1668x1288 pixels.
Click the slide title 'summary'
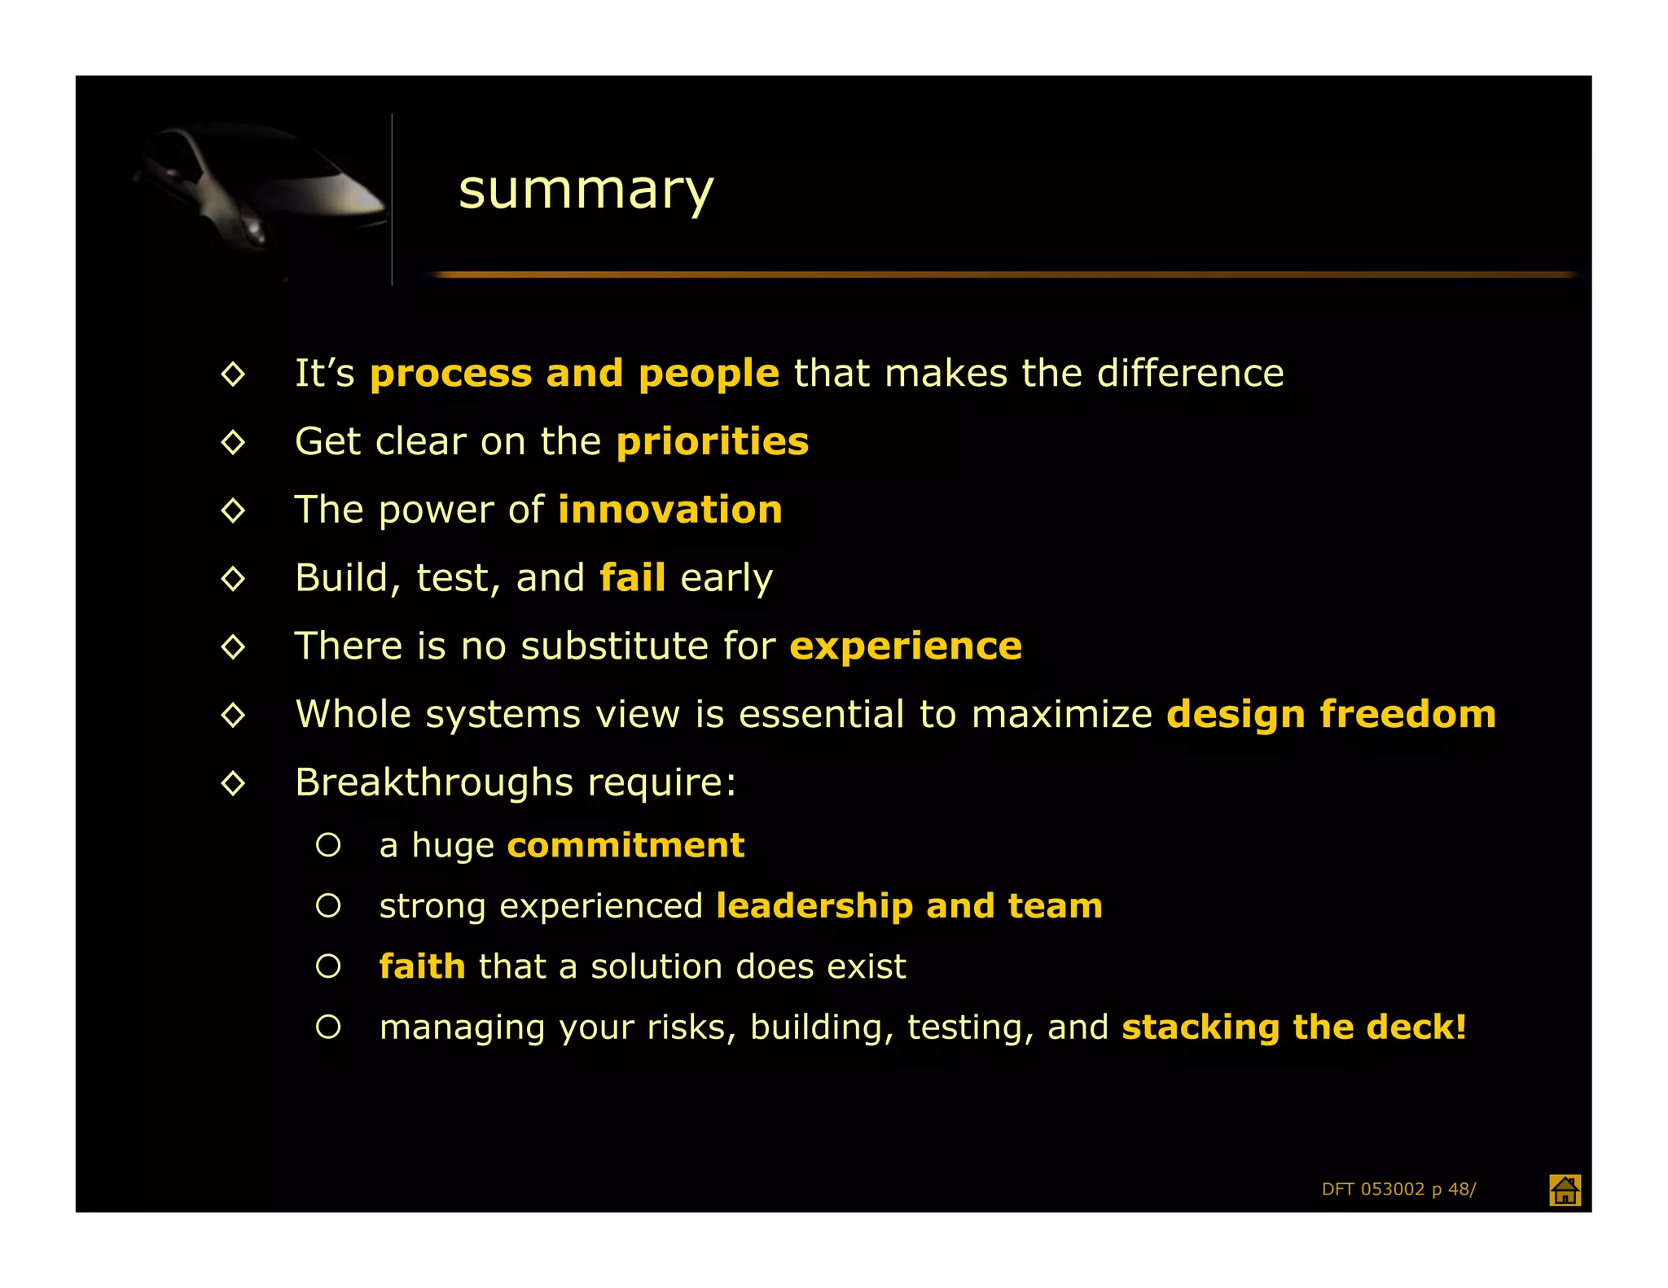click(x=586, y=190)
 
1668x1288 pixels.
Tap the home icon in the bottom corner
click(x=1564, y=1189)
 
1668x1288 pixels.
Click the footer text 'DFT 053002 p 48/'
click(x=1398, y=1189)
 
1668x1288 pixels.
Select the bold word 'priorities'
click(x=713, y=441)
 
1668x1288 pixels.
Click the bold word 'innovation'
click(x=670, y=510)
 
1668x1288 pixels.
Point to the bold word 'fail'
click(x=632, y=578)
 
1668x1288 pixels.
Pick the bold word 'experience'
click(x=906, y=646)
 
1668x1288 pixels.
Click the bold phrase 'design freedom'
click(x=1331, y=714)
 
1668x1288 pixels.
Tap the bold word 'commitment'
click(x=625, y=845)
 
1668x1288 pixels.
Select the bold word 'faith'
click(x=422, y=966)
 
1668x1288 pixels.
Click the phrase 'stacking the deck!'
click(x=1294, y=1027)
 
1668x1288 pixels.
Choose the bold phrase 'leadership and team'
click(x=909, y=905)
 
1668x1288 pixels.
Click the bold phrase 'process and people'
click(x=574, y=374)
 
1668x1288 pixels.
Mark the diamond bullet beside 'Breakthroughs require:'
click(x=233, y=783)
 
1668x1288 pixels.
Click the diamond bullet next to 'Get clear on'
click(x=233, y=442)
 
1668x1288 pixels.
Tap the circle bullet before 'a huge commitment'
click(x=328, y=845)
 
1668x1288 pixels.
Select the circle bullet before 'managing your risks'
click(x=328, y=1027)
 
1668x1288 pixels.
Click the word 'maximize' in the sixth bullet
click(x=1061, y=715)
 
